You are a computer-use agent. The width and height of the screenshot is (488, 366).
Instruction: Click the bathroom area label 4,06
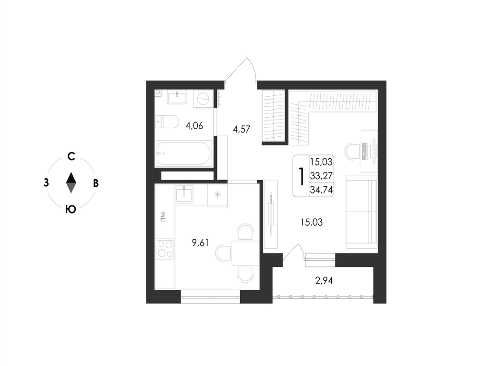click(194, 126)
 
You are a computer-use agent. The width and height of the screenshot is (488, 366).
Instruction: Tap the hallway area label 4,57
click(242, 129)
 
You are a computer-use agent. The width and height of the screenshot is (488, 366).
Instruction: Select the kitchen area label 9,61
click(200, 243)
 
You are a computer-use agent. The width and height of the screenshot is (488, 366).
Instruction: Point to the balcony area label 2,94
click(324, 281)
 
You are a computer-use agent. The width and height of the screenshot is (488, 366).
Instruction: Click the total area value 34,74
click(321, 190)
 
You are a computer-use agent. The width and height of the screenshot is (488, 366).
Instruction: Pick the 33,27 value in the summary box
click(321, 176)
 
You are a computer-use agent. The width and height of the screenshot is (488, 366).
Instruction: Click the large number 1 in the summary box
click(301, 176)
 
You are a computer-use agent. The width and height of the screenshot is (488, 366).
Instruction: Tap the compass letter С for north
click(71, 156)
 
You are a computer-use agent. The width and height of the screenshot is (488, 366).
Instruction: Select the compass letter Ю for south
click(71, 210)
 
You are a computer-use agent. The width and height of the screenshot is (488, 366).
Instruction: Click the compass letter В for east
click(96, 183)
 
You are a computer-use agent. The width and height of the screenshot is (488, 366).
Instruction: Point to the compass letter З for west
click(46, 183)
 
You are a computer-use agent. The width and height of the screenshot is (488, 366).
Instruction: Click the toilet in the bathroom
click(167, 122)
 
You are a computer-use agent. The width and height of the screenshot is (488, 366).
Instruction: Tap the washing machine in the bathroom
click(203, 99)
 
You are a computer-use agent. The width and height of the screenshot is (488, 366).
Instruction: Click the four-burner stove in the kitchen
click(165, 249)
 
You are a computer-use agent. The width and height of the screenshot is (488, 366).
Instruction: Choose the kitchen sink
click(184, 194)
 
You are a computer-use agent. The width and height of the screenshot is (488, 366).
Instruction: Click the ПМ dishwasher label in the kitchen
click(163, 217)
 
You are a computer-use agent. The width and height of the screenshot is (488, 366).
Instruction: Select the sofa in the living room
click(362, 212)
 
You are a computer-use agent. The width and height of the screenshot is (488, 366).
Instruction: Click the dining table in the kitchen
click(245, 253)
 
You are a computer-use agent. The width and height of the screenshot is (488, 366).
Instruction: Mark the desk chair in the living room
click(352, 151)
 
